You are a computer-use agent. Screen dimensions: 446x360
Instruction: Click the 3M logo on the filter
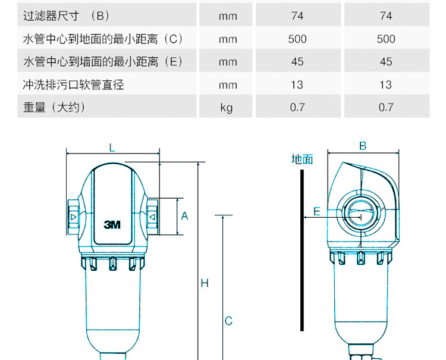coord(112,225)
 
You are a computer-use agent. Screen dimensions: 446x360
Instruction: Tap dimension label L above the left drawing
coord(112,147)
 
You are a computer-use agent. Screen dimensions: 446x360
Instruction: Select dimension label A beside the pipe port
coord(184,216)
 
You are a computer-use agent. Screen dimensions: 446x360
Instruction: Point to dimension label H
coord(205,283)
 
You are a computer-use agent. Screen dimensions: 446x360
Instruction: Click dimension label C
coord(228,321)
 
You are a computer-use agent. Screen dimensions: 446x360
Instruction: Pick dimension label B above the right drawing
coord(363,146)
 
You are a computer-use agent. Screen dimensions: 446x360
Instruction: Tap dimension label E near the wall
coord(317,211)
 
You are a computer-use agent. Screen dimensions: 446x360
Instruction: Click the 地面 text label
coord(302,159)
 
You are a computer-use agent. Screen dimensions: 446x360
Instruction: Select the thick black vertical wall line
coord(303,250)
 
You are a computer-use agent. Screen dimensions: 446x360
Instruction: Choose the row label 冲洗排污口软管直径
coord(74,84)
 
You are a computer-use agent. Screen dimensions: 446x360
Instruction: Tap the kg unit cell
coord(227,108)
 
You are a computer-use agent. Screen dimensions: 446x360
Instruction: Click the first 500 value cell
coord(297,39)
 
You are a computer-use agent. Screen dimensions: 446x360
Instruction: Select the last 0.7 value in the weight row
coord(386,108)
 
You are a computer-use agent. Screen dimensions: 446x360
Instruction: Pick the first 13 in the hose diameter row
coord(297,84)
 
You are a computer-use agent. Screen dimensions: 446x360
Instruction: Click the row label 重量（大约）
coord(55,108)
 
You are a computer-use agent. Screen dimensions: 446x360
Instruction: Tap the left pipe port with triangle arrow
coord(73,217)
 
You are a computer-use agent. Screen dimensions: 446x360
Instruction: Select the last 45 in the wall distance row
coord(386,62)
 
